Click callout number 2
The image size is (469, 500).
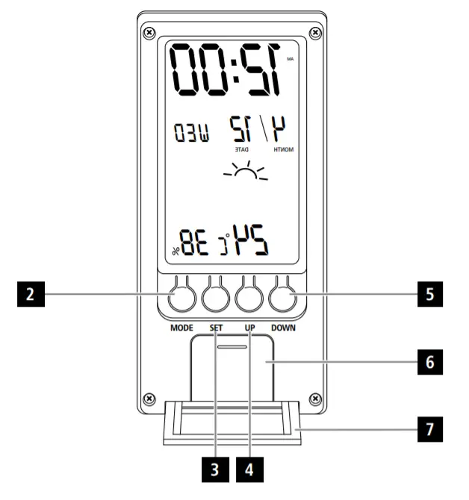pyautogui.click(x=29, y=295)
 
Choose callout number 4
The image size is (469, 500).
pyautogui.click(x=249, y=471)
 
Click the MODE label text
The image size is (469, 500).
pyautogui.click(x=181, y=328)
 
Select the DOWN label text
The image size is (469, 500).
pyautogui.click(x=284, y=328)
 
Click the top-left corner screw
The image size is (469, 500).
pyautogui.click(x=149, y=33)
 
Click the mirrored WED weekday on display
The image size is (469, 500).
pyautogui.click(x=191, y=135)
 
